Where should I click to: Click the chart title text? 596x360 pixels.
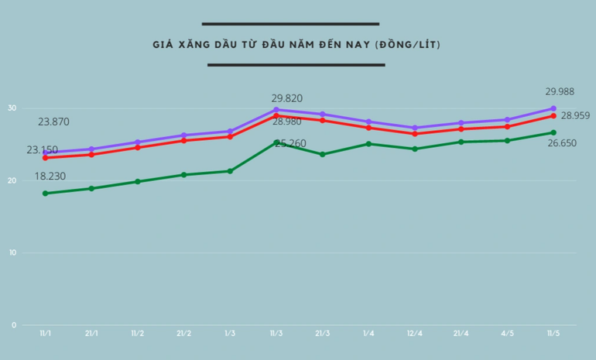[x=296, y=45]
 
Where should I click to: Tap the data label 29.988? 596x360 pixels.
[x=560, y=91]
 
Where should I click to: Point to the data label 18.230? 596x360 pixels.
[x=50, y=177]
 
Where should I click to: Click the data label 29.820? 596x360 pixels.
[x=286, y=98]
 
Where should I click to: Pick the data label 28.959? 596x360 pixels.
[x=575, y=115]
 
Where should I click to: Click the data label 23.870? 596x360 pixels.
[x=54, y=122]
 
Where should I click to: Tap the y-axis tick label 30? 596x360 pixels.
[x=12, y=108]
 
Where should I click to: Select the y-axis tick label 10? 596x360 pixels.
[x=12, y=253]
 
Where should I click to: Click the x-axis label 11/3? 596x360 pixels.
[x=276, y=334]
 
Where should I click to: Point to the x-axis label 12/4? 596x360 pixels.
[x=415, y=334]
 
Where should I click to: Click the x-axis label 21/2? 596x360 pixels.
[x=183, y=334]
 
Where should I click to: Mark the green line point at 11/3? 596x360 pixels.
[x=276, y=142]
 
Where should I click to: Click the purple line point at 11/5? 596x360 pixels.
[x=553, y=108]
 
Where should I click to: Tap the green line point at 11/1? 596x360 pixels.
[x=46, y=194]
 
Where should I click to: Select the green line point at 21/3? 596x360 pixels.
[x=323, y=154]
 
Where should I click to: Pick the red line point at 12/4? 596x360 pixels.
[x=415, y=134]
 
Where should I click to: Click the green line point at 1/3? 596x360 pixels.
[x=230, y=171]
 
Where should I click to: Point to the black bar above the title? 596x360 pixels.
[x=290, y=24]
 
